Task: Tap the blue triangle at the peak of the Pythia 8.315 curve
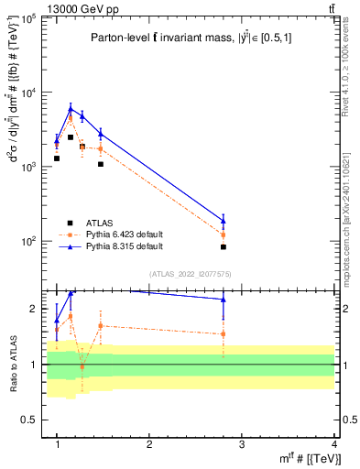(71, 108)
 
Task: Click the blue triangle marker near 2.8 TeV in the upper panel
(224, 220)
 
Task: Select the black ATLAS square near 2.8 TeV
(224, 247)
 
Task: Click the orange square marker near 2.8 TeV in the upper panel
(224, 234)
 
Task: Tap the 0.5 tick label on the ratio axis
(29, 420)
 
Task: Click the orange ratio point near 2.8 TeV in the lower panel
(224, 334)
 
